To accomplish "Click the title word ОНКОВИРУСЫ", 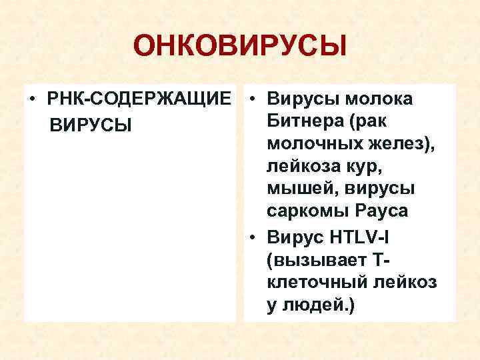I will click(x=240, y=47).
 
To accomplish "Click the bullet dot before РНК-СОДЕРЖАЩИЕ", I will click(x=32, y=100).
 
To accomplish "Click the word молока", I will click(x=381, y=100).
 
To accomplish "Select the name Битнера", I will click(x=302, y=122).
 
